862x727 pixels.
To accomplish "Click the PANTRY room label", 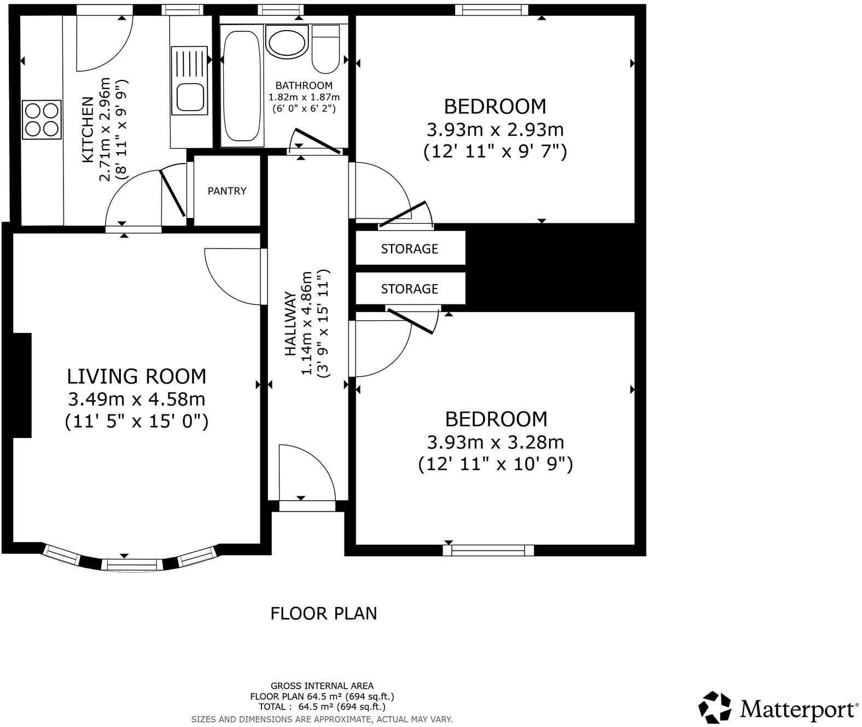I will coord(227,191).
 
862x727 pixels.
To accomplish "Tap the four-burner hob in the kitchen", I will coord(42,120).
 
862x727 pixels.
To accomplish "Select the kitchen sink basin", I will coord(190,97).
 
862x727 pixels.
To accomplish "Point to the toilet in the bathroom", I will coord(327,49).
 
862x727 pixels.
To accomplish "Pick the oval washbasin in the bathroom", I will coord(287,42).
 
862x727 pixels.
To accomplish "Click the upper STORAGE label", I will coord(409,249).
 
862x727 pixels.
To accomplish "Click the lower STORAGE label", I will coord(409,289).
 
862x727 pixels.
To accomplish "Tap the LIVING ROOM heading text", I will coord(137,377).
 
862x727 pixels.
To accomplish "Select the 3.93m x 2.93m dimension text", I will coord(495,130).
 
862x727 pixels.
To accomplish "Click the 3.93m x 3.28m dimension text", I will coord(496,442).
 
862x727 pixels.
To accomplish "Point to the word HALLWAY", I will coord(290,324).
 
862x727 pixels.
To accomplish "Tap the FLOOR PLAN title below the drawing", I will coord(324,613).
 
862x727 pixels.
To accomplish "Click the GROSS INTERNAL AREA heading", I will coord(322,685).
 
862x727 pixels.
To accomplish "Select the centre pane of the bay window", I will coord(132,564).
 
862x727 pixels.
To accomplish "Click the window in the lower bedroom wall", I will coord(488,550).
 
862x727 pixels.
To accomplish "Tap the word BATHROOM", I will coord(304,85).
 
